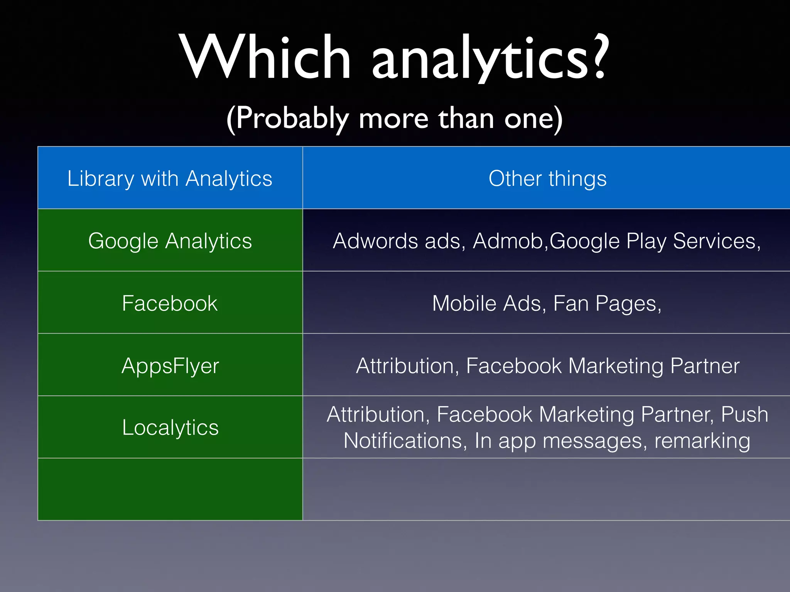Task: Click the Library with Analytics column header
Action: point(170,178)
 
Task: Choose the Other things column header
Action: point(547,178)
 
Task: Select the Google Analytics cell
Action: point(170,241)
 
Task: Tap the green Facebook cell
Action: point(170,303)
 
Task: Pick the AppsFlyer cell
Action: point(170,366)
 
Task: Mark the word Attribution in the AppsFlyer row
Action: point(405,366)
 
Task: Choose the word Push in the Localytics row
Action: point(744,415)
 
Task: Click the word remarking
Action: point(702,441)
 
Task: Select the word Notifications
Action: point(403,441)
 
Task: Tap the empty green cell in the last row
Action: point(170,489)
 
